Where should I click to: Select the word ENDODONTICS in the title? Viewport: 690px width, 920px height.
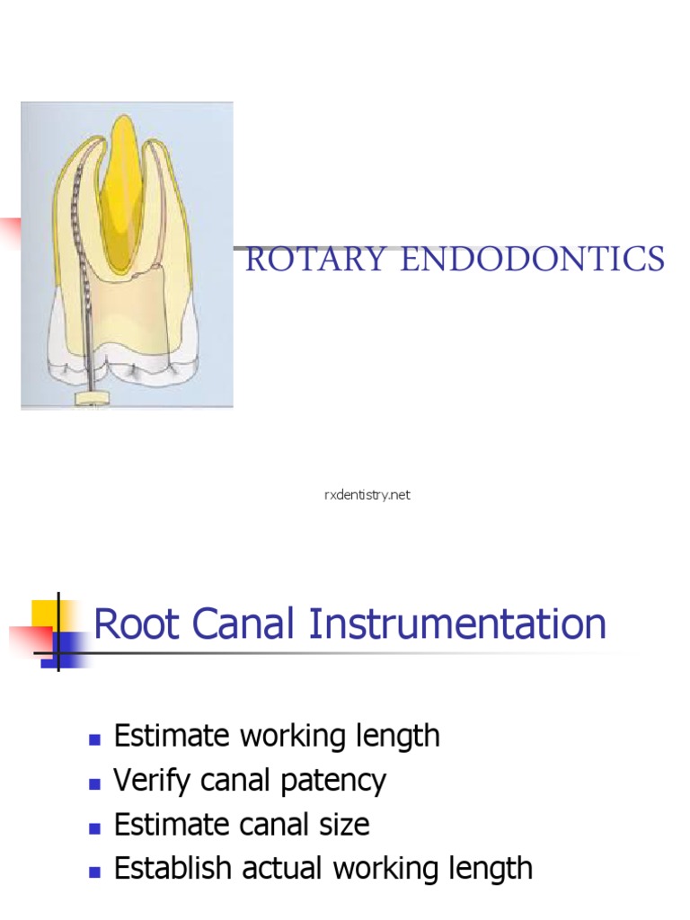click(534, 260)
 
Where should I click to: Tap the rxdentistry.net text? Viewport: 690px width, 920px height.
click(367, 495)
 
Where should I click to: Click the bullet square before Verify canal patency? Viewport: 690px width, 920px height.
click(93, 783)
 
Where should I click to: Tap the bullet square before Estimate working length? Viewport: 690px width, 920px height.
click(93, 739)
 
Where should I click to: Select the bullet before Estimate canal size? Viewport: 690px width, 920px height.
click(93, 827)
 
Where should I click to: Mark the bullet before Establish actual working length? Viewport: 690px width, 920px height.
click(93, 871)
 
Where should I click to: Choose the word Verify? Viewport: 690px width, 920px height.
click(151, 781)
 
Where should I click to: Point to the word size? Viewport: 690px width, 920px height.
click(342, 824)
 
